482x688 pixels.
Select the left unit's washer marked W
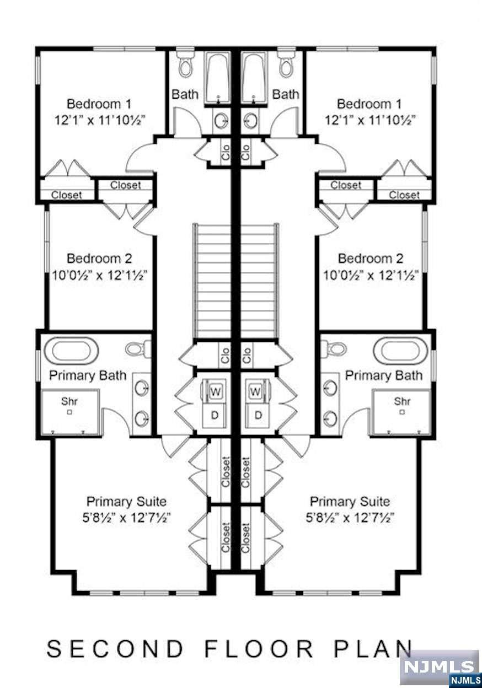[x=215, y=391]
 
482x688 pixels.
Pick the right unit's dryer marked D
[x=258, y=415]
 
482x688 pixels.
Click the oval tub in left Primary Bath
[x=71, y=351]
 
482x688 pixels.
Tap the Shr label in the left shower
[x=69, y=401]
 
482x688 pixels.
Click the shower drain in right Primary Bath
[x=402, y=412]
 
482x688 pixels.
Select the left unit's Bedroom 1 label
[x=99, y=104]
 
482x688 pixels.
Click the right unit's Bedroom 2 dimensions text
[x=371, y=276]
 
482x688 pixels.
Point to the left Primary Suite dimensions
[x=126, y=518]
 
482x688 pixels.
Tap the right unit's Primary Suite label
[x=350, y=502]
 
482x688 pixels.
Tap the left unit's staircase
[x=212, y=281]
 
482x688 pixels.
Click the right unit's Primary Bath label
[x=384, y=375]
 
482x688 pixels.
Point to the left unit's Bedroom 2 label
[x=99, y=259]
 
